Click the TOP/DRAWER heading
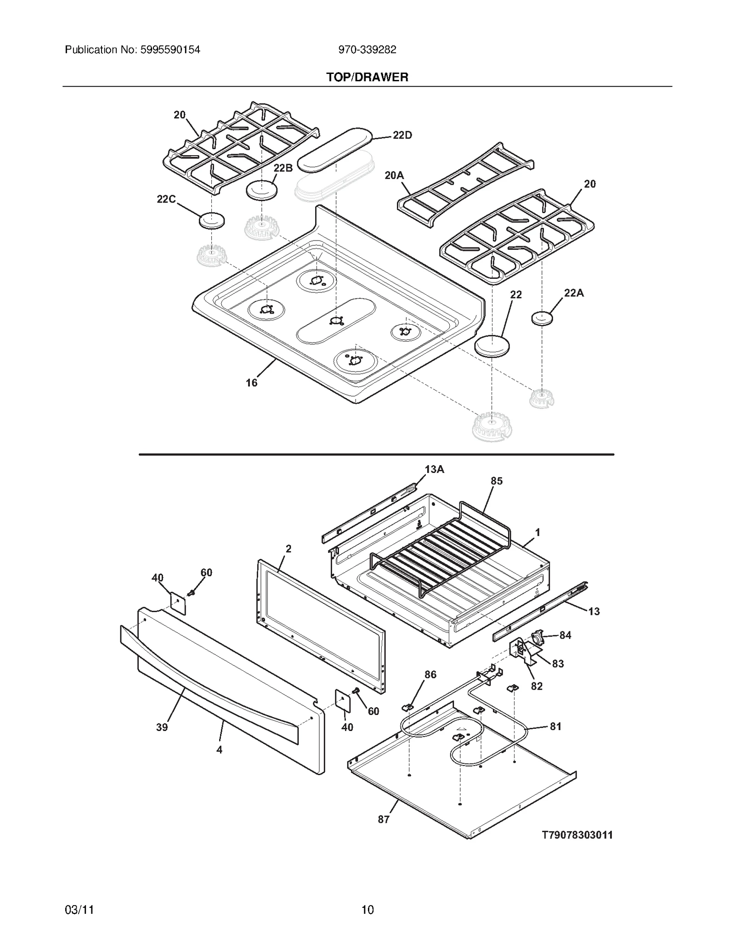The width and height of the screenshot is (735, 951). pos(367,77)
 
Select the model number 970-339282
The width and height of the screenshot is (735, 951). pos(367,50)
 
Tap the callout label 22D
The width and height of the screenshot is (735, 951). pos(402,135)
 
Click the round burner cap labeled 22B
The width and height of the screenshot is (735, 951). pos(262,190)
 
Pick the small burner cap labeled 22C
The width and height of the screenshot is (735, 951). pos(212,220)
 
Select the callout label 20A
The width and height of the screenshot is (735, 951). pos(394,175)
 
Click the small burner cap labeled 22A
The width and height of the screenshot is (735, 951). pos(542,318)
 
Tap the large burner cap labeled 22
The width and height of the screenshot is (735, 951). pos(492,345)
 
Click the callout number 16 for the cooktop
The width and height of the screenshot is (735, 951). pos(251,383)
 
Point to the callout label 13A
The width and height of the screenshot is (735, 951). pos(434,469)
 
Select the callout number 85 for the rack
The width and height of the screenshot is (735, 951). pos(497,481)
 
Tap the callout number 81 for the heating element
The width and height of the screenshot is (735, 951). pos(555,726)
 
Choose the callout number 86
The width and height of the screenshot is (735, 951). pos(430,675)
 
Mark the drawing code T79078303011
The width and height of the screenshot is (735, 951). pos(577,835)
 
